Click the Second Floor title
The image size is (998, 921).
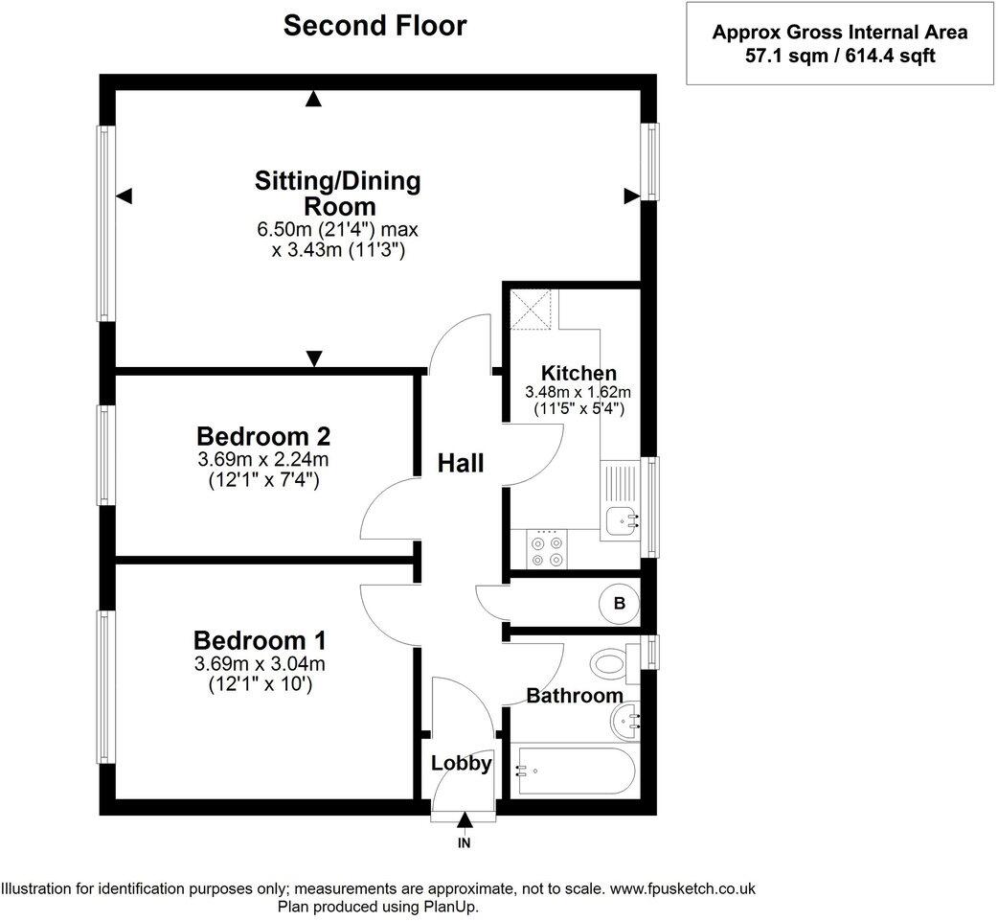click(x=374, y=26)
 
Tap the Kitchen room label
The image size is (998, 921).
click(x=578, y=373)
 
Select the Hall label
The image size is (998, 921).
click(x=461, y=463)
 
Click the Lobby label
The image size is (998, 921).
click(x=462, y=763)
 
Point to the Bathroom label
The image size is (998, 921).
click(x=575, y=696)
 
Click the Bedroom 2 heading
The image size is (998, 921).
click(x=263, y=436)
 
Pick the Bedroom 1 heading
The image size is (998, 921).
click(x=260, y=640)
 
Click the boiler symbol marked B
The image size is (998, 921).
click(x=620, y=603)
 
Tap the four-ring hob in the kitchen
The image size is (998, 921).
click(x=548, y=550)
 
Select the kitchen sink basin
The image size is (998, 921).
click(x=621, y=521)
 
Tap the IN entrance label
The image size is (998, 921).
click(x=464, y=843)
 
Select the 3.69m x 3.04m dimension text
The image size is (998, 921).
click(x=260, y=664)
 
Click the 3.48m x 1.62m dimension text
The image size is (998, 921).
click(x=578, y=392)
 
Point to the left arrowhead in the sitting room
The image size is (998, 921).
click(x=124, y=196)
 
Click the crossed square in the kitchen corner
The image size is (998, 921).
click(x=531, y=309)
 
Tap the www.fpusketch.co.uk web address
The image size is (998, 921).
click(x=683, y=888)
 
